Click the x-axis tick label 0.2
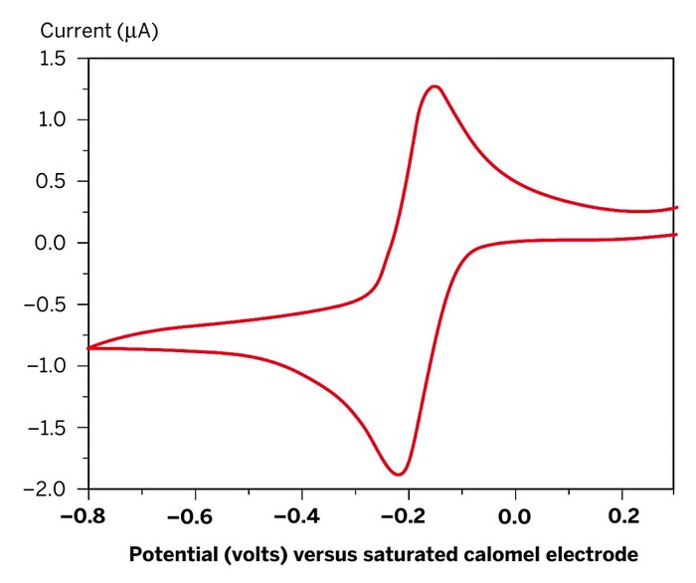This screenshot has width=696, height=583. click(621, 516)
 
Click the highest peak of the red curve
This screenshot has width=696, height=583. click(434, 87)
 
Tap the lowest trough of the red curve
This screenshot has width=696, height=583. click(399, 474)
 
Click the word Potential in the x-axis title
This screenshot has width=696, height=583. click(171, 554)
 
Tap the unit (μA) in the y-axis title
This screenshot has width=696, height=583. click(136, 30)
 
